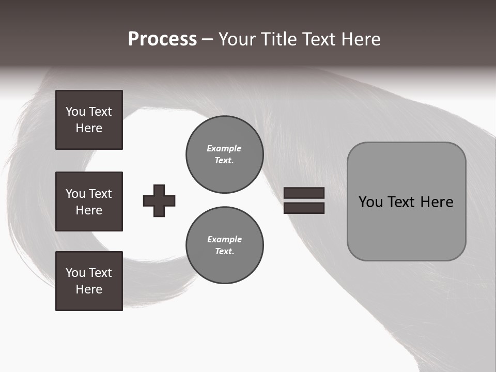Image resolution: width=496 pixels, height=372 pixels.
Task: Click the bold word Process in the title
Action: [x=162, y=39]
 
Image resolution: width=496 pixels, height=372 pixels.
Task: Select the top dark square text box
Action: [x=89, y=120]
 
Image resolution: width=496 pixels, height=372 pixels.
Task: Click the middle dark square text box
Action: [x=89, y=202]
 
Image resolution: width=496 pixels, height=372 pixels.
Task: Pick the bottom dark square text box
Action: [x=89, y=281]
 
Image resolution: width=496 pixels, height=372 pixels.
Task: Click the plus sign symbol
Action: [x=159, y=200]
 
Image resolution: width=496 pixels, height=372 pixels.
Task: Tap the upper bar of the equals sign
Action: [x=304, y=193]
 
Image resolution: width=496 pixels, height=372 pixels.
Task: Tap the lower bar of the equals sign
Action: [x=304, y=208]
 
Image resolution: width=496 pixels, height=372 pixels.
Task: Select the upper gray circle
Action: [x=224, y=154]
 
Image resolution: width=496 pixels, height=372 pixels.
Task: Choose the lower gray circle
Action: [x=224, y=245]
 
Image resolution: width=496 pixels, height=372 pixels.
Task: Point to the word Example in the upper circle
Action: [x=224, y=148]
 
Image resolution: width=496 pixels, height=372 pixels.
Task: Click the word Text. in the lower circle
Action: [x=224, y=252]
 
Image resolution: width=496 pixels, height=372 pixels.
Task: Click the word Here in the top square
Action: [x=89, y=128]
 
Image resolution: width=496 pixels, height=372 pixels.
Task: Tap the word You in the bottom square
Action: [x=75, y=273]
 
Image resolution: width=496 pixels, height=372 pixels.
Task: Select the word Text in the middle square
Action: [x=100, y=194]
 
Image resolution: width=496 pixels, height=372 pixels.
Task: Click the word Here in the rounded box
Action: [x=437, y=202]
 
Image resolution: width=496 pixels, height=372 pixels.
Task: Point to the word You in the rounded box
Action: [x=370, y=202]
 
